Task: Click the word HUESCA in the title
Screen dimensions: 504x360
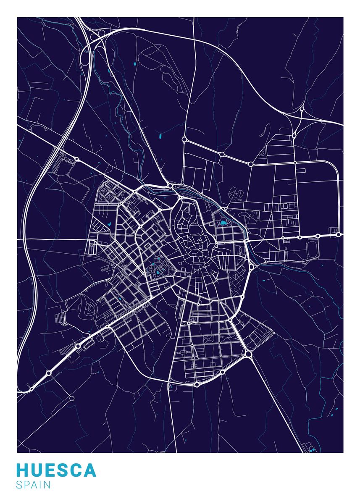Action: click(x=56, y=470)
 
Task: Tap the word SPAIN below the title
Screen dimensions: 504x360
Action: click(x=34, y=485)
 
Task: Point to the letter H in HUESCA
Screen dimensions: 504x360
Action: click(x=23, y=470)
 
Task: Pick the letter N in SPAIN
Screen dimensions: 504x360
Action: click(x=47, y=485)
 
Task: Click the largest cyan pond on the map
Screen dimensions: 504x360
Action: click(x=223, y=223)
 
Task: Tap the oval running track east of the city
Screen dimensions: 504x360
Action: click(x=313, y=250)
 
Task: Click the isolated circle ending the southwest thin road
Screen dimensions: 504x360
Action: click(x=72, y=398)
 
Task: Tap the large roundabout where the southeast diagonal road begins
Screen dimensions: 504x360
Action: click(x=248, y=354)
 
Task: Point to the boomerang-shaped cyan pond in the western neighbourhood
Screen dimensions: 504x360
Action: click(x=110, y=224)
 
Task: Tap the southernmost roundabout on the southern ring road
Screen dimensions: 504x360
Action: click(x=197, y=384)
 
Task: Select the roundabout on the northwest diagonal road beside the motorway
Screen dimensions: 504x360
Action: click(x=77, y=159)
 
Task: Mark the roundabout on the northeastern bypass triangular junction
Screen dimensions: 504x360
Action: click(x=301, y=110)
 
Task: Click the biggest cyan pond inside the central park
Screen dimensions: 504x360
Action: click(x=158, y=273)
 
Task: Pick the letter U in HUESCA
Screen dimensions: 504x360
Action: click(x=39, y=470)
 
